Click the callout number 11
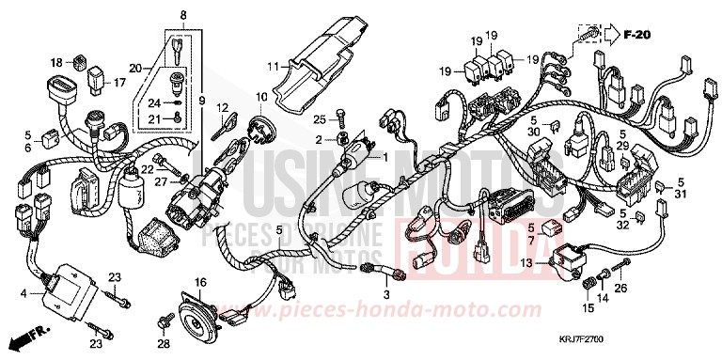pyautogui.click(x=272, y=67)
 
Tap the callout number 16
pyautogui.click(x=199, y=282)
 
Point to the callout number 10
pyautogui.click(x=261, y=97)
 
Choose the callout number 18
pyautogui.click(x=57, y=62)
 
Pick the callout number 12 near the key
pyautogui.click(x=223, y=107)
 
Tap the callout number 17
pyautogui.click(x=119, y=83)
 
